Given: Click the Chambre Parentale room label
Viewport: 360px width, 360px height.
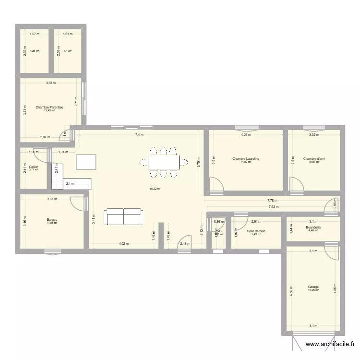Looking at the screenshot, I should (50, 107).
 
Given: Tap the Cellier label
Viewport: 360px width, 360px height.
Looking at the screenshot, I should (33, 167).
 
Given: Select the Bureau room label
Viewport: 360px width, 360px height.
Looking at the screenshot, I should (51, 219).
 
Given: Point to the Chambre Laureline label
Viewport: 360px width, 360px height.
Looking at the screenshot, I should (246, 158).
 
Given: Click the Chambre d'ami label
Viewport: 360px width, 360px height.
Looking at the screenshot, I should (314, 158).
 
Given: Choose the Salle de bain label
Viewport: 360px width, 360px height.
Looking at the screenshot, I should (256, 231).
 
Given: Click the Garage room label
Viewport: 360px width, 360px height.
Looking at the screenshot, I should (313, 287).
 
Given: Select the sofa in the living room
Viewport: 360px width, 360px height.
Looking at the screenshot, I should (124, 216).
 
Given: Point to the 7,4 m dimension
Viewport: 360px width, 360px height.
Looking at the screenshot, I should (139, 135).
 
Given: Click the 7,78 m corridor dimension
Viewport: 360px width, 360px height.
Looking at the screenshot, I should (273, 201).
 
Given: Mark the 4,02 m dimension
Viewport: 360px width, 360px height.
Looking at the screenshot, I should (123, 244).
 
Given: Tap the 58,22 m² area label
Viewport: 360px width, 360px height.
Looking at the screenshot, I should (155, 189).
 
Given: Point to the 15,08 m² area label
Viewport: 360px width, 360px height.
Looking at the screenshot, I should (313, 290).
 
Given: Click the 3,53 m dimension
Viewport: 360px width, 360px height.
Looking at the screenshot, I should (50, 83).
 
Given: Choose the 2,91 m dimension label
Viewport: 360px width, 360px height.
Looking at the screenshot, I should (256, 221).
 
